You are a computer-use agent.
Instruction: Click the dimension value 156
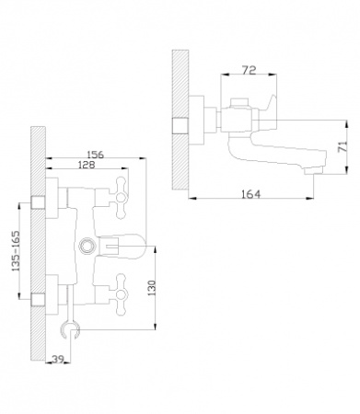tap(96, 155)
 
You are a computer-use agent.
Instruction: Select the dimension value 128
tap(87, 165)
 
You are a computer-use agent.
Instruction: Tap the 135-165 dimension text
tap(16, 251)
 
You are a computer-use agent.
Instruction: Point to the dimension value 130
tap(152, 288)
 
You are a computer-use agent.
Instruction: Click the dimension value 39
tap(58, 359)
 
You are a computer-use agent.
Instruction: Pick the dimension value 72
tap(249, 70)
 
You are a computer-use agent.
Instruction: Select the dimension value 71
tap(343, 146)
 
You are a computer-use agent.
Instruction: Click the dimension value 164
tap(250, 194)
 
